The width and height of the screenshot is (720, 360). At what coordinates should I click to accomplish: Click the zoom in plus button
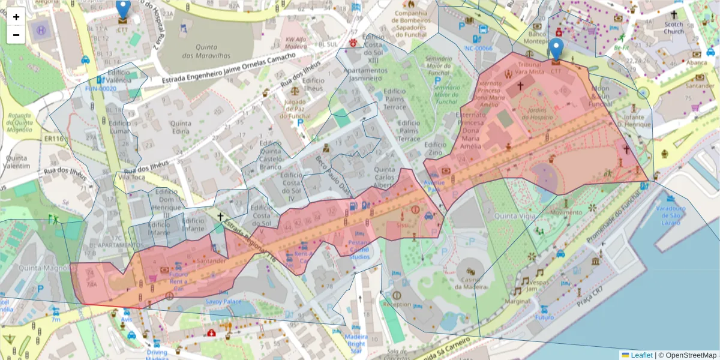point(16,17)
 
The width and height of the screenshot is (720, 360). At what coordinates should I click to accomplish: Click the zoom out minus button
point(16,35)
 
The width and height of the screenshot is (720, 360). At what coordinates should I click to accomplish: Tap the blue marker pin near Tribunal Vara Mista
point(556,49)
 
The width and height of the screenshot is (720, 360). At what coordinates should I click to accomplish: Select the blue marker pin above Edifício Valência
point(122,9)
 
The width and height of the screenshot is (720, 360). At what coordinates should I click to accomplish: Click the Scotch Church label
point(674,28)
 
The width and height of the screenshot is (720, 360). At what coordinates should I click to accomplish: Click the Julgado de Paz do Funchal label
point(295,109)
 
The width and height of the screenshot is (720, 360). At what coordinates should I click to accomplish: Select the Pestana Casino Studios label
point(359,250)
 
